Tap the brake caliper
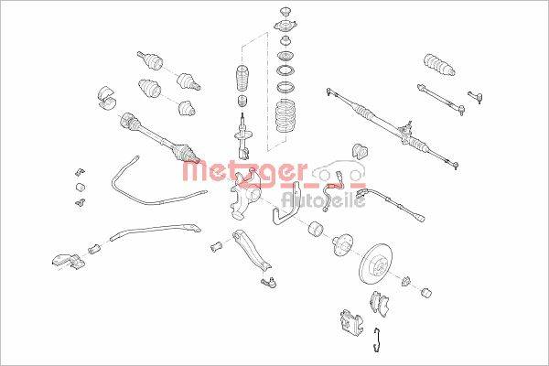tap(351, 321)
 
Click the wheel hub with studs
tap(340, 245)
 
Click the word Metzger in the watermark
tap(245, 172)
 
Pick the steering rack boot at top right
tap(439, 65)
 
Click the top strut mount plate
tap(285, 26)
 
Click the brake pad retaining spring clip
tap(376, 339)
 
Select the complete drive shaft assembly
tap(159, 138)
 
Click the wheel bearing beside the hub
tap(317, 229)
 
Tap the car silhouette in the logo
tap(339, 171)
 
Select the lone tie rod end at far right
tap(475, 96)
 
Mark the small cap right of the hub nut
tap(425, 293)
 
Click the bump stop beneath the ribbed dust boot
tap(242, 102)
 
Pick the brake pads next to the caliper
tap(380, 303)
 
